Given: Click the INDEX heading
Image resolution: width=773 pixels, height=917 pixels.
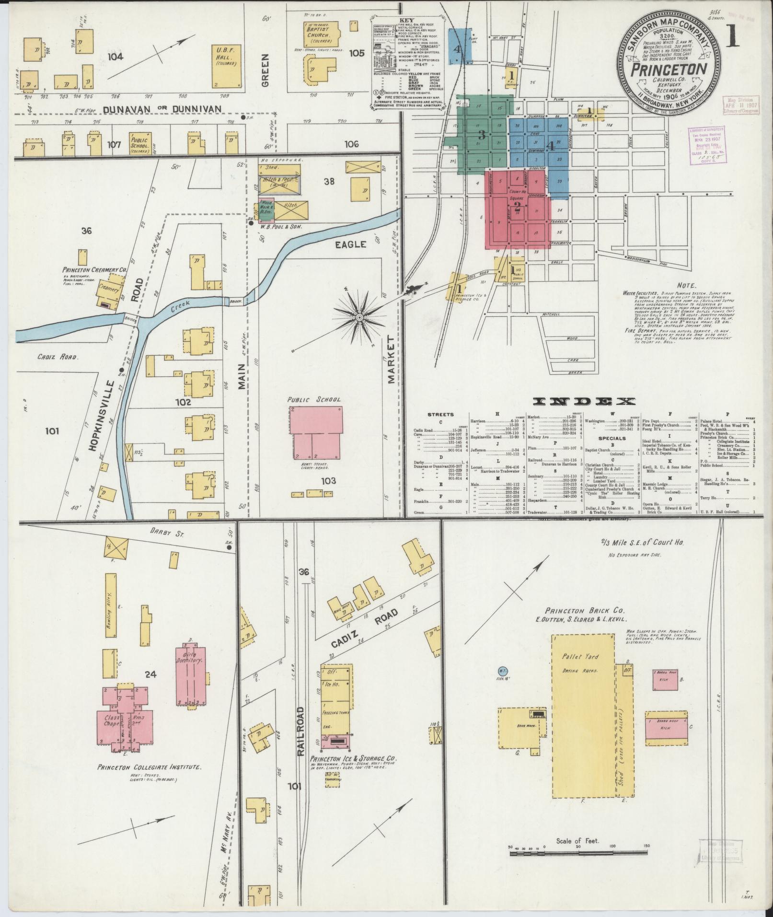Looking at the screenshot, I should [x=584, y=401].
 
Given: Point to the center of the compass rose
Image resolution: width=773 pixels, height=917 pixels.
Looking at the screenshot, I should [x=358, y=318].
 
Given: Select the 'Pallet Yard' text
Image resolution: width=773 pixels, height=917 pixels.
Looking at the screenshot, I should [x=580, y=656].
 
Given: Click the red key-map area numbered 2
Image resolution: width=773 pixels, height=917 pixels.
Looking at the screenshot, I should [x=517, y=207].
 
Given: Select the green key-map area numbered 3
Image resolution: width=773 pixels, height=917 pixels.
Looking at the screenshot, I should [x=482, y=135].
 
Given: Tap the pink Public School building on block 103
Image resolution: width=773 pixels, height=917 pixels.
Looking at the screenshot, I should [x=315, y=433].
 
